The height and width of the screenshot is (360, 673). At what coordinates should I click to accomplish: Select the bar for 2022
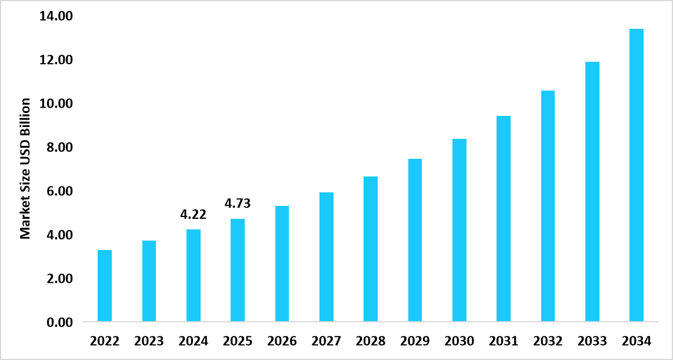pos(105,286)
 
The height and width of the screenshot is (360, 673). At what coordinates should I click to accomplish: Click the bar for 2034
pos(637,175)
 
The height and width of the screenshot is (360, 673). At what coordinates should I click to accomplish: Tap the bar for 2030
pos(459,231)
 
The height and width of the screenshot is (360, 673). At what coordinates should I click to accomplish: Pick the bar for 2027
pos(326,257)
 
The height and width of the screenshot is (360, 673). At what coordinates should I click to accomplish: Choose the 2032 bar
pos(548,206)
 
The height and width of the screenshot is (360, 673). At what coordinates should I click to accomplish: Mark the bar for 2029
pos(415,240)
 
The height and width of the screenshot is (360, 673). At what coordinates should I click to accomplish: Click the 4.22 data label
pos(193,215)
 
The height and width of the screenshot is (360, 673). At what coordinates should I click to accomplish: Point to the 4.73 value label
pos(238,204)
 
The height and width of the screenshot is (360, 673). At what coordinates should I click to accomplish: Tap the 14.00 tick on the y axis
pos(56,16)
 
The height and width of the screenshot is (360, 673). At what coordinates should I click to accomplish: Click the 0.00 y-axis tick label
pos(59,322)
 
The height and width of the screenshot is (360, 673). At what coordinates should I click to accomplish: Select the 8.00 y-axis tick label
pos(59,148)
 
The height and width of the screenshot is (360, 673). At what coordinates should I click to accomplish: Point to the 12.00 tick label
pos(56,60)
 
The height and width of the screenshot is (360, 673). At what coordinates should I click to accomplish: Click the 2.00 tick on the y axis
pos(59,279)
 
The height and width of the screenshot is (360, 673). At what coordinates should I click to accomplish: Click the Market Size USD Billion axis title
pos(25,169)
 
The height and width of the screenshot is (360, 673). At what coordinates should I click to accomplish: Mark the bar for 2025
pos(238,271)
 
